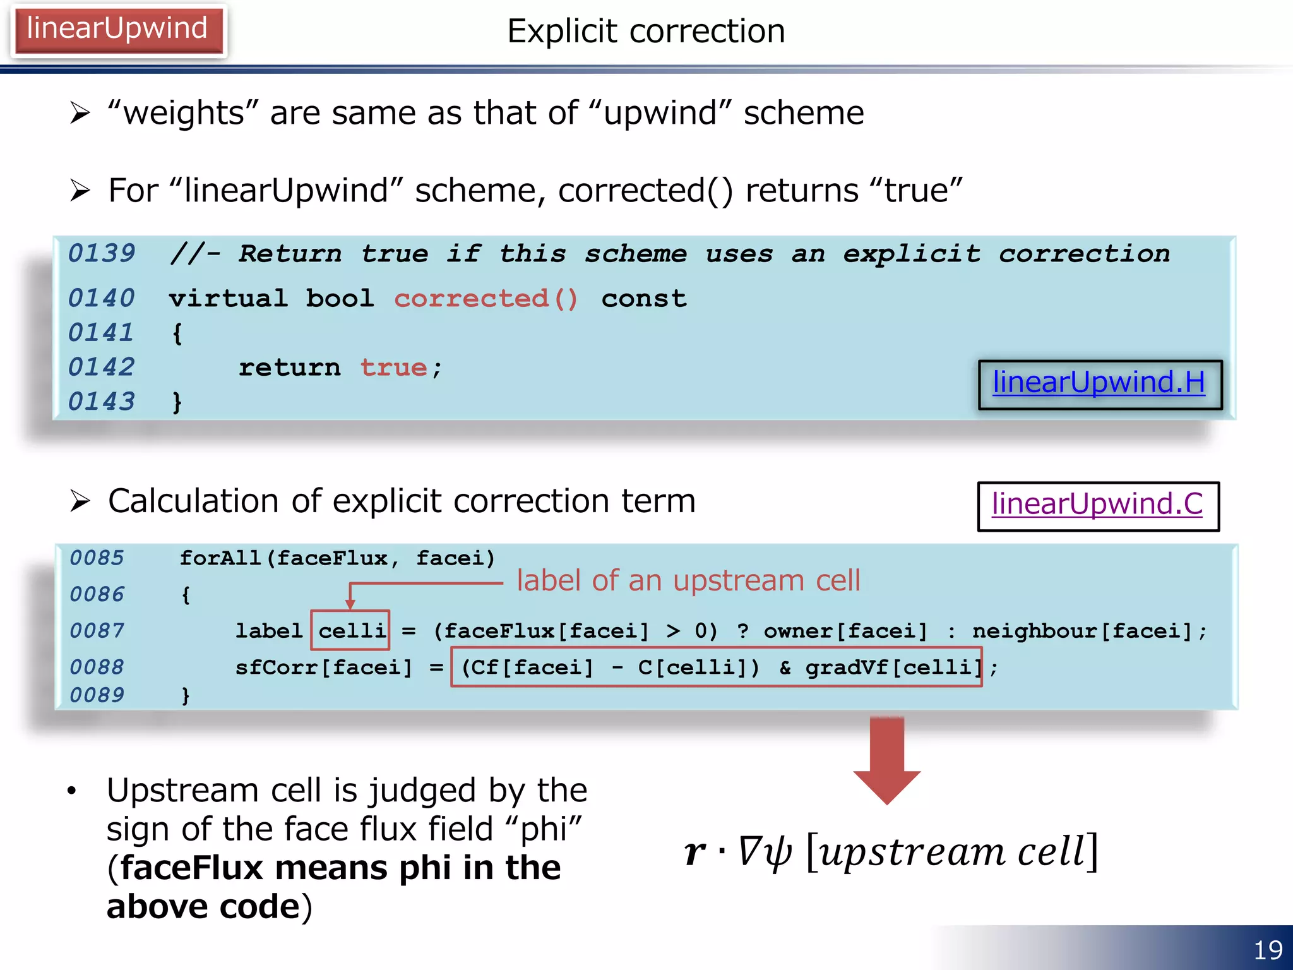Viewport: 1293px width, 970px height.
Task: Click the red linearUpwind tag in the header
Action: tap(117, 30)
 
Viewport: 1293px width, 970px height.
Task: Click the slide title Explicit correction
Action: tap(646, 31)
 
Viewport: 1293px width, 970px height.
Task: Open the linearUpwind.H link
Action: tap(1099, 383)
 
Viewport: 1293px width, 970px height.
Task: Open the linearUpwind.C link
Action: tap(1097, 505)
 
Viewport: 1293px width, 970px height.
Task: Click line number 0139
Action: tap(101, 254)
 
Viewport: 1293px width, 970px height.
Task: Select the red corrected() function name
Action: tap(486, 299)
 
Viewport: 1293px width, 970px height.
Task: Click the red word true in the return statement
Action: tap(393, 368)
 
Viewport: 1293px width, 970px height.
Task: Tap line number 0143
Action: tap(101, 402)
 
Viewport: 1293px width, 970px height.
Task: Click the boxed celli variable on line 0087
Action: tap(351, 630)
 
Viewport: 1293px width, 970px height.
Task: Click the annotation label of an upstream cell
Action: tap(688, 580)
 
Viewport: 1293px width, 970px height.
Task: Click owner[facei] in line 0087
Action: tap(845, 631)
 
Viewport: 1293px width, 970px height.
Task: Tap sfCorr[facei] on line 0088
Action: tap(323, 668)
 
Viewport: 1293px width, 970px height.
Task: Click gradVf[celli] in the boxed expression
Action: tap(893, 668)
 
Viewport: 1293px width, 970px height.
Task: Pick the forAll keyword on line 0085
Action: tap(219, 558)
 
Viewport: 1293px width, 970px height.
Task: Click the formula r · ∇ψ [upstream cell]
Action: tap(890, 851)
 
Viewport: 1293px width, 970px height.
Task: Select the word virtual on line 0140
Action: tap(228, 299)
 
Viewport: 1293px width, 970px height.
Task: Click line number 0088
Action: tap(97, 667)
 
